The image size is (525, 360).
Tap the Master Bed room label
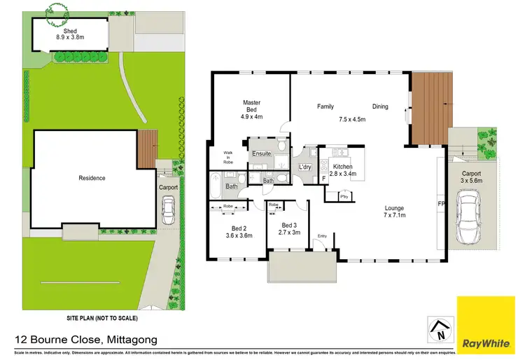click(251, 110)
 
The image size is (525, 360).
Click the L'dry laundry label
click(304, 167)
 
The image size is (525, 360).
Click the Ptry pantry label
click(344, 197)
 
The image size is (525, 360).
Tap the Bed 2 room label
click(239, 233)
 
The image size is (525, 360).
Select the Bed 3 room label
click(289, 228)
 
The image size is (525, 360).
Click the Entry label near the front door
click(322, 236)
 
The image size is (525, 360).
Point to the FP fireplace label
click(442, 205)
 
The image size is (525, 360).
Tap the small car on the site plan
click(168, 207)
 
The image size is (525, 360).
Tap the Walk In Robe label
click(228, 158)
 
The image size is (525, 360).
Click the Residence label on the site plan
click(92, 178)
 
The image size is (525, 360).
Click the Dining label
click(380, 106)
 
